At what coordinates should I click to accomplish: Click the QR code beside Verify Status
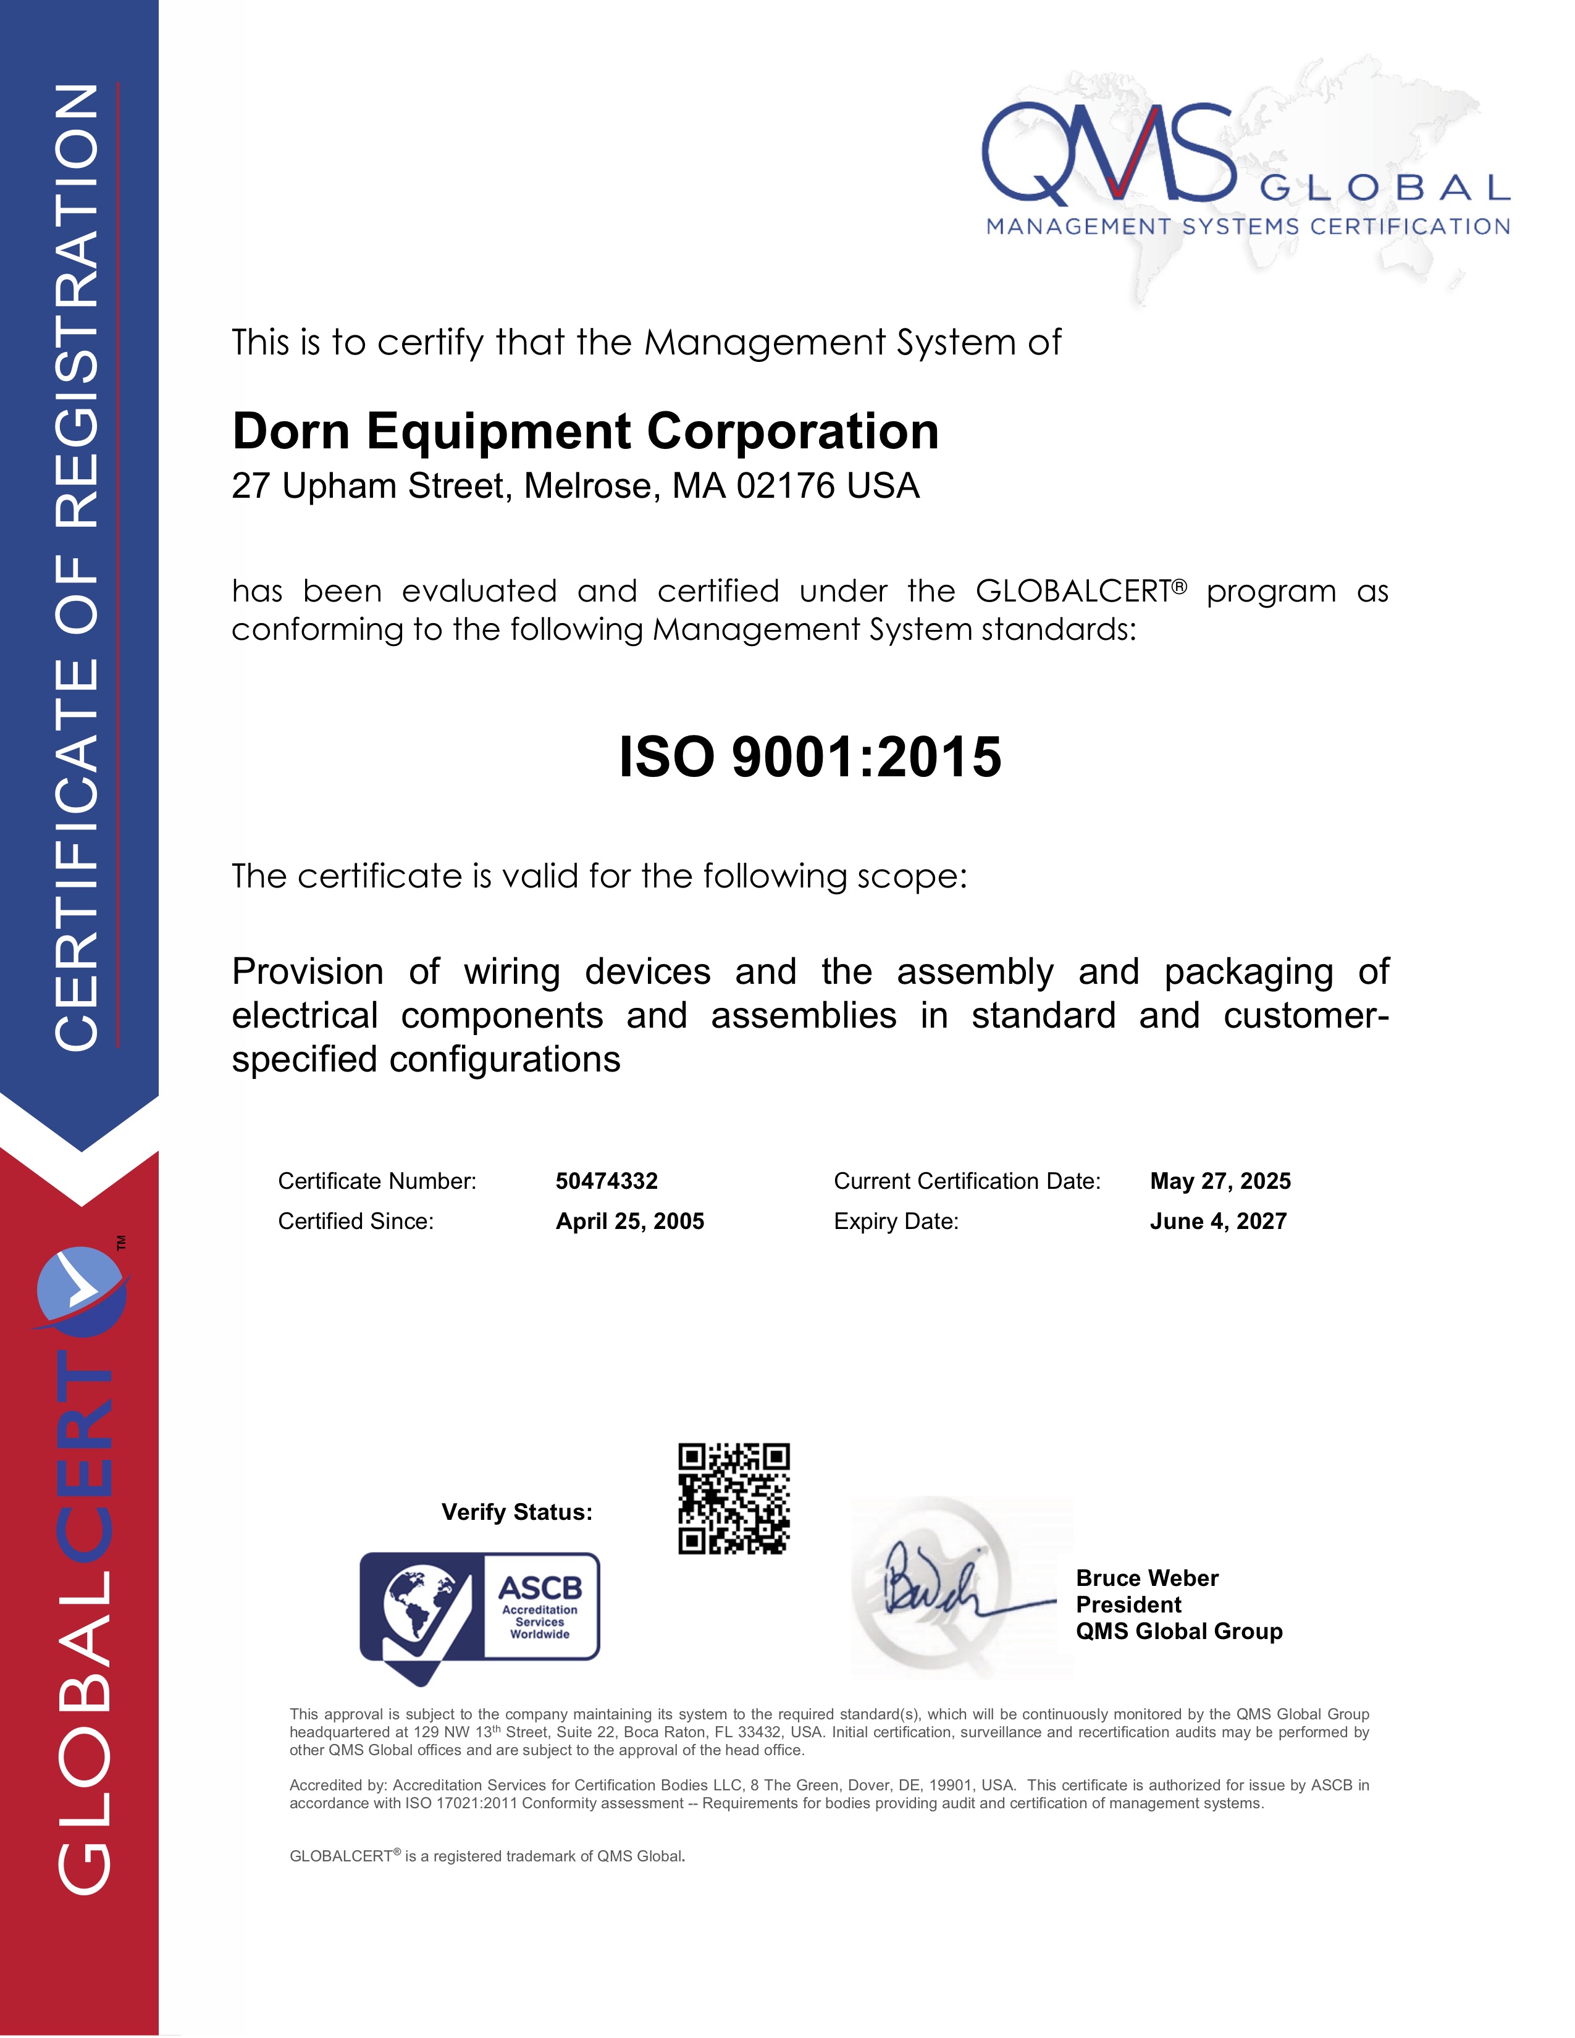733,1499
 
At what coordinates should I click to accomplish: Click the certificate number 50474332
607,1181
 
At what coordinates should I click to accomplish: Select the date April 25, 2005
630,1222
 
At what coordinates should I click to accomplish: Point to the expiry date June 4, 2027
1217,1222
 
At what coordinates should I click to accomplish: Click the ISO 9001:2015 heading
810,757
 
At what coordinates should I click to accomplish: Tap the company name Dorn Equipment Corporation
585,431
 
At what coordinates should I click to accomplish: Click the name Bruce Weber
1147,1578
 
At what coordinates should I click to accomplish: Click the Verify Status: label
517,1512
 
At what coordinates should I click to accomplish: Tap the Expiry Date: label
896,1222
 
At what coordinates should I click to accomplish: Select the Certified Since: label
356,1222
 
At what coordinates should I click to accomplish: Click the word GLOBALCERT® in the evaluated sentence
1080,590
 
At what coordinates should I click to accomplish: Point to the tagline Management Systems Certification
1248,227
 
